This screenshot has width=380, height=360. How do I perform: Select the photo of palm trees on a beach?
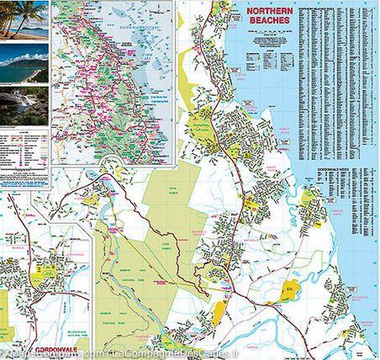[x=25, y=18]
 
